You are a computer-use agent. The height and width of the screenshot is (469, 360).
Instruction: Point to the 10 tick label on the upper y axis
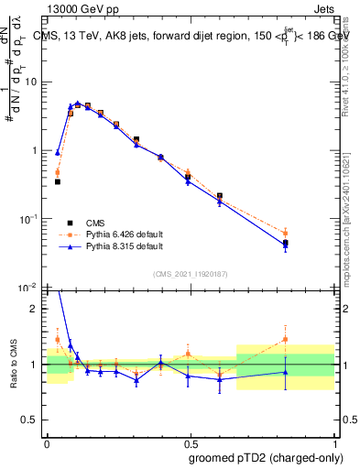point(31,82)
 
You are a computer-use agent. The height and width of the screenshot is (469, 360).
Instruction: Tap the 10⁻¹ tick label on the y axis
point(29,219)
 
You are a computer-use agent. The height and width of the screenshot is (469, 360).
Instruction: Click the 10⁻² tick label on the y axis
point(29,287)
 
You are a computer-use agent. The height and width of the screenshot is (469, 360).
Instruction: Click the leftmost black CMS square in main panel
point(58,181)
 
